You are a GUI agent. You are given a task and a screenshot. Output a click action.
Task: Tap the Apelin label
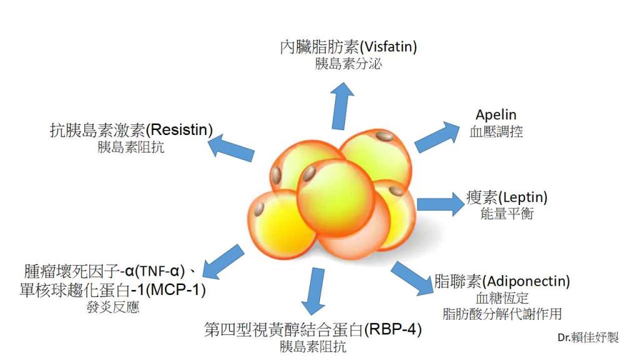click(x=496, y=115)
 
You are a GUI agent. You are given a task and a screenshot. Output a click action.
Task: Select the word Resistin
click(x=179, y=130)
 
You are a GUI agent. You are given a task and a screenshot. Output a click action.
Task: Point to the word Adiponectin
click(x=526, y=281)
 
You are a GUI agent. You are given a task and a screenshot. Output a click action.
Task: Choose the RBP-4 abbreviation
click(x=392, y=329)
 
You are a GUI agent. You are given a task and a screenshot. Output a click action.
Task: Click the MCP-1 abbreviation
click(x=176, y=290)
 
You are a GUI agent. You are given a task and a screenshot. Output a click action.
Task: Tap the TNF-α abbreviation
click(x=159, y=271)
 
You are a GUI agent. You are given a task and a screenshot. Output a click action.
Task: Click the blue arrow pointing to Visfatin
click(x=341, y=106)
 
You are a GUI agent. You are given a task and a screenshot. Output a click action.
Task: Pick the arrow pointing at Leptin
click(x=441, y=204)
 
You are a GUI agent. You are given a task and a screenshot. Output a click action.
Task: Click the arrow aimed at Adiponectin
click(x=412, y=279)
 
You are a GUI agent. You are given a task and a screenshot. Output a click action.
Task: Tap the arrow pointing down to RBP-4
click(x=314, y=291)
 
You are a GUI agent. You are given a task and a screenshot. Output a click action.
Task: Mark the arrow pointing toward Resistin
click(x=231, y=148)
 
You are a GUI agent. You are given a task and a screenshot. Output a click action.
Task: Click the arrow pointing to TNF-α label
click(x=223, y=262)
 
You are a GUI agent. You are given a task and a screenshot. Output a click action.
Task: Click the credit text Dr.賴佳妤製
click(x=588, y=337)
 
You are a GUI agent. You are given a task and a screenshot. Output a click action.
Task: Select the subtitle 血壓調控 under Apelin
click(x=496, y=131)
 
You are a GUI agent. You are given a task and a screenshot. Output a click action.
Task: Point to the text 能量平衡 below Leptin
click(x=507, y=213)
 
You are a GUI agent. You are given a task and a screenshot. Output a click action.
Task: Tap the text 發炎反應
click(x=113, y=307)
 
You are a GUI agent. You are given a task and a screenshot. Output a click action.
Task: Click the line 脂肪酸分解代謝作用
click(x=502, y=314)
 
